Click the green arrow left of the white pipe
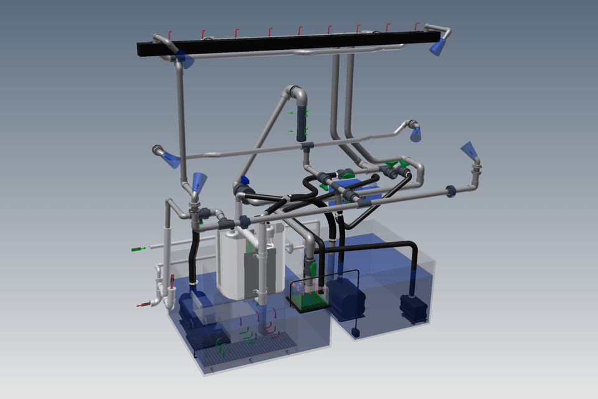coord(138,249)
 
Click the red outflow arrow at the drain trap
coord(143,304)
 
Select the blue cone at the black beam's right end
coord(438,46)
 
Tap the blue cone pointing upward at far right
coord(469,150)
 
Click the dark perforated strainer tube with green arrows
coord(303,122)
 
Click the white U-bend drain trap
coord(164,293)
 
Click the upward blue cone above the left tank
coord(197,181)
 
